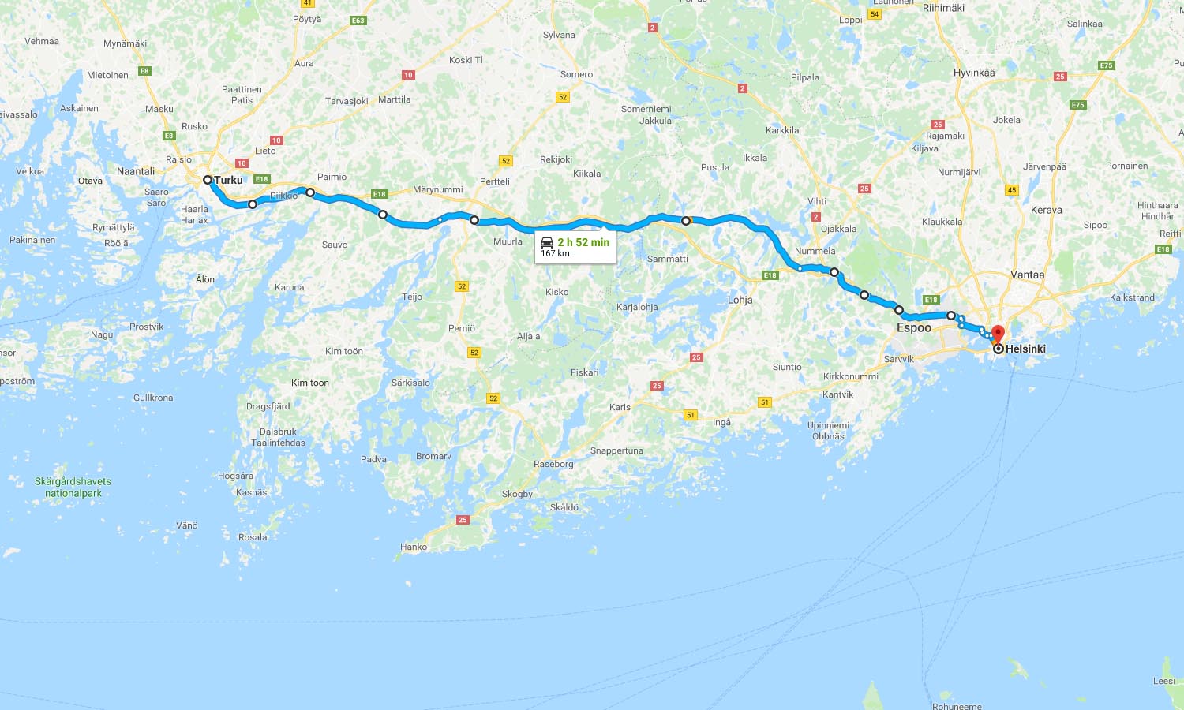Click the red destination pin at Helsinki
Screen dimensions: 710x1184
click(998, 333)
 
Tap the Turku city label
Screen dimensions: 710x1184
click(229, 180)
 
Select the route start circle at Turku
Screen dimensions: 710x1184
click(208, 180)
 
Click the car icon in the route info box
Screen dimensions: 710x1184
click(547, 242)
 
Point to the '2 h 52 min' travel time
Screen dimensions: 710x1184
click(583, 242)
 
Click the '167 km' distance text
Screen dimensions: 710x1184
click(555, 253)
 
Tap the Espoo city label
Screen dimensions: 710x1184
click(913, 327)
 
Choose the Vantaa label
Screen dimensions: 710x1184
click(1027, 275)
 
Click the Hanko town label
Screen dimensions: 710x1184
click(414, 547)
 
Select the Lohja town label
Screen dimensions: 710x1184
click(740, 300)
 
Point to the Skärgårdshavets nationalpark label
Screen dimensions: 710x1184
click(73, 488)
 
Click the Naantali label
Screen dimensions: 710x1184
click(136, 171)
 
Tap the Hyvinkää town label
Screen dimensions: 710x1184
click(974, 73)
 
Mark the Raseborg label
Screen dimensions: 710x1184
click(553, 464)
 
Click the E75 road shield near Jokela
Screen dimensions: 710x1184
click(1078, 105)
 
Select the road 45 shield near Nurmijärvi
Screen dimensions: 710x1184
click(1012, 190)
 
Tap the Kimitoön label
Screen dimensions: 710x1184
click(344, 351)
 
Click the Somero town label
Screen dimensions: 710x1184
click(576, 74)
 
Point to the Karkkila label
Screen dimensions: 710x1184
click(782, 130)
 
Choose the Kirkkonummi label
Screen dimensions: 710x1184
click(850, 376)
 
